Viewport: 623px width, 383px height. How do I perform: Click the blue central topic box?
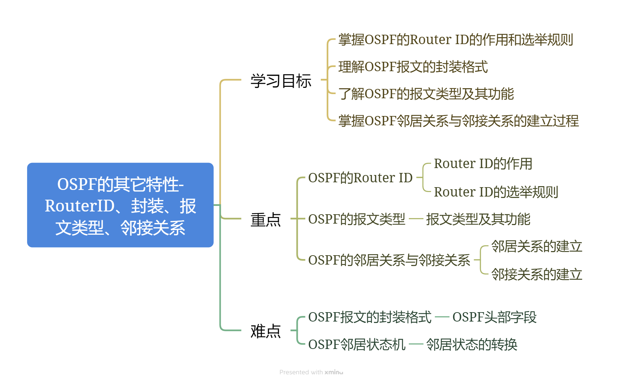click(x=120, y=205)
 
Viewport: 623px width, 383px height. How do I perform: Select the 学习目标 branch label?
click(x=281, y=81)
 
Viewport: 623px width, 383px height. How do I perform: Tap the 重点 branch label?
click(x=266, y=219)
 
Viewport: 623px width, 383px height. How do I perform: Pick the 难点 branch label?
click(x=266, y=331)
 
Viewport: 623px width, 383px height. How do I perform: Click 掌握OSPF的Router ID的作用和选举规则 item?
click(x=455, y=40)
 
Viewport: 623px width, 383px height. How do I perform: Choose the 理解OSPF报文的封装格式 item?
click(x=413, y=67)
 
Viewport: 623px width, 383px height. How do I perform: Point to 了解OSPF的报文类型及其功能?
click(x=426, y=94)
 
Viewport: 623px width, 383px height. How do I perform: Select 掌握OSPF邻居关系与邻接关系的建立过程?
click(x=458, y=121)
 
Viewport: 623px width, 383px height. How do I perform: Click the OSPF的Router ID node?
click(x=360, y=178)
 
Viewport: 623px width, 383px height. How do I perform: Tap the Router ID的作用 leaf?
click(x=483, y=164)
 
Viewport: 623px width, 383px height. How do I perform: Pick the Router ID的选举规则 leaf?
click(x=496, y=192)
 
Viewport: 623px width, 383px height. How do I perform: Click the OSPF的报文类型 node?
click(x=356, y=219)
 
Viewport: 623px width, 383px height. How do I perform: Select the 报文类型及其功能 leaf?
click(x=478, y=219)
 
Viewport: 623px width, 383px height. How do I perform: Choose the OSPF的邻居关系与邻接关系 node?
click(x=389, y=260)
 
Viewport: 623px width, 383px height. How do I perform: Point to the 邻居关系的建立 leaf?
click(x=537, y=246)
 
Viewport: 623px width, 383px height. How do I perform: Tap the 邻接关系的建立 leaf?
click(x=537, y=274)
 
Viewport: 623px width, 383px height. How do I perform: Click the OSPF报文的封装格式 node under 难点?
click(x=370, y=317)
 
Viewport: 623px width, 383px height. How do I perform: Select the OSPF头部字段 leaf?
click(x=494, y=317)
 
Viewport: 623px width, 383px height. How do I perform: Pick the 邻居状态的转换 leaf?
click(x=471, y=344)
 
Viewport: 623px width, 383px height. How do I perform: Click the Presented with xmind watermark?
click(x=311, y=372)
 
